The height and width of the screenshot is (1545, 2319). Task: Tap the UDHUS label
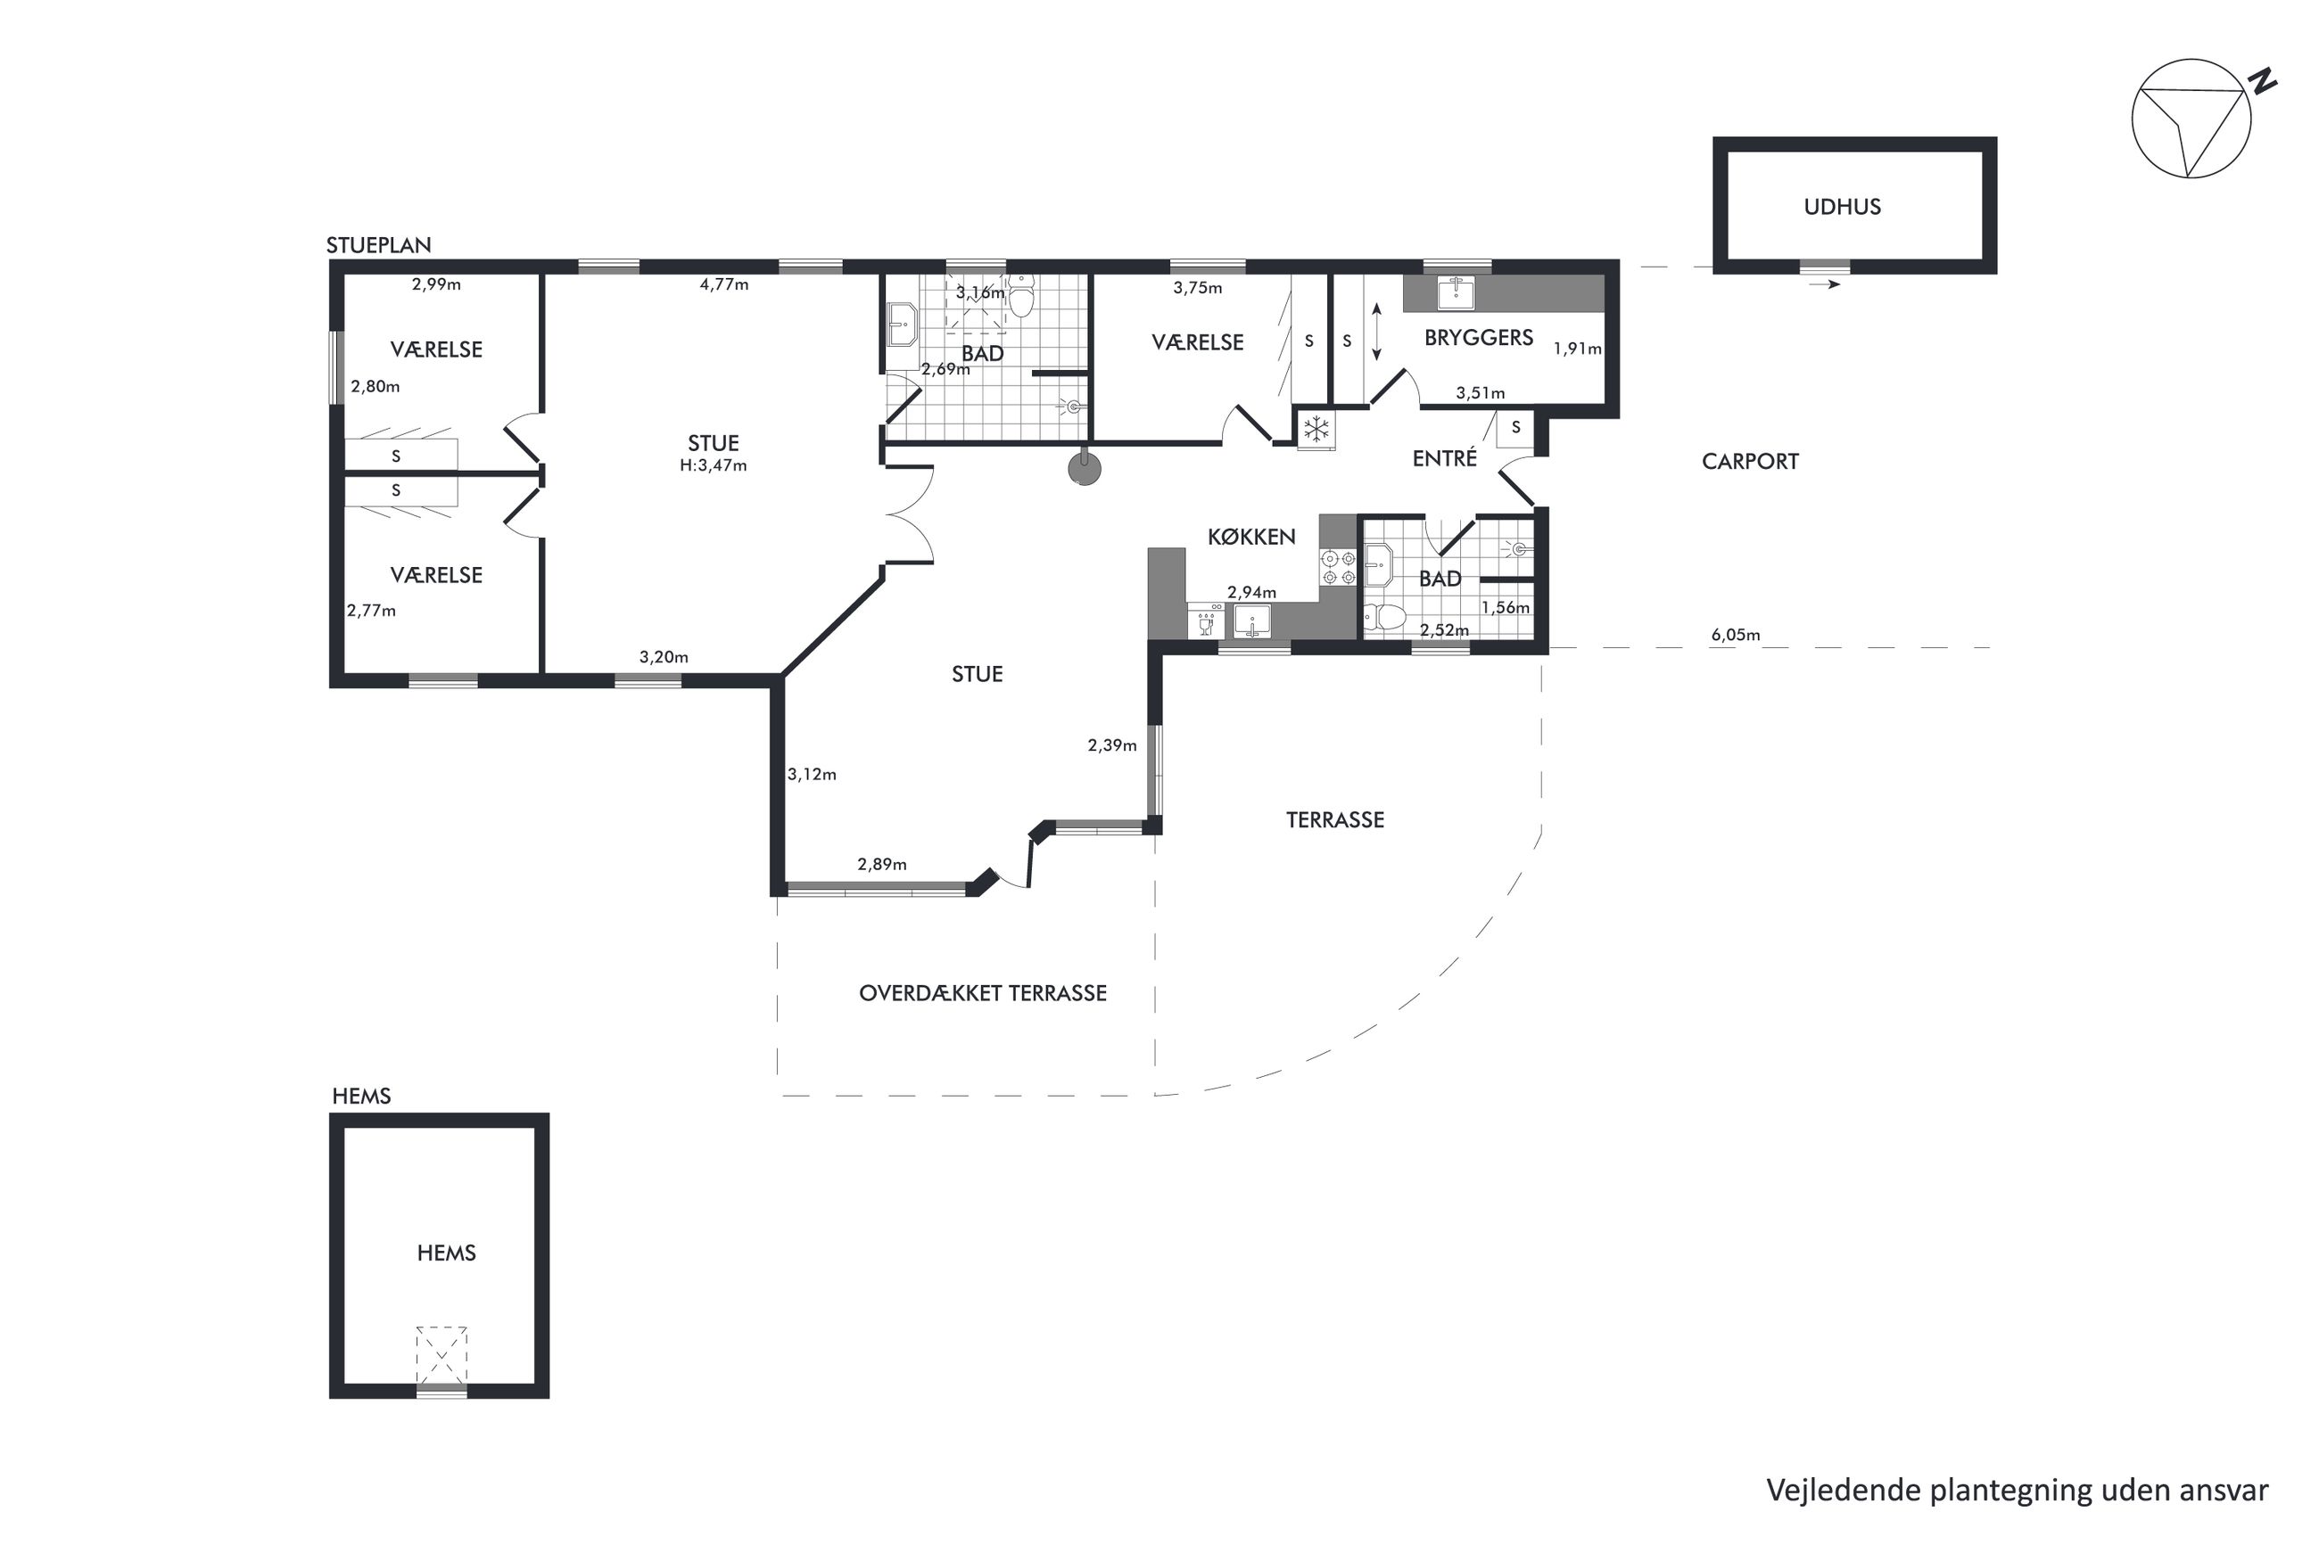click(1842, 207)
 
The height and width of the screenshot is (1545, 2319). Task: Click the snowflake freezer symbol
click(1316, 430)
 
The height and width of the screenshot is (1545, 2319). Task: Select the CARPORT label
click(1749, 461)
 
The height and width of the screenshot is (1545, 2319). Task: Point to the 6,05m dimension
click(1735, 636)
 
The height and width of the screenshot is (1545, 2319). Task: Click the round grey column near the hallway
click(1084, 469)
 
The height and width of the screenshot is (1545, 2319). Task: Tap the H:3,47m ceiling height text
click(713, 465)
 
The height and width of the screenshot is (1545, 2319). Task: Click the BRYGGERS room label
click(1478, 338)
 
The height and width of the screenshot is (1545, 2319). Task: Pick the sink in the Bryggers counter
click(1456, 293)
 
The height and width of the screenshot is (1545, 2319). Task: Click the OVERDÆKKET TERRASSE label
click(983, 993)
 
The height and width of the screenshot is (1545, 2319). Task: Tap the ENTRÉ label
click(1444, 458)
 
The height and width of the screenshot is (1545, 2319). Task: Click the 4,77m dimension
click(723, 284)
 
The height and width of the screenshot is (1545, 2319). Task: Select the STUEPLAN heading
click(378, 245)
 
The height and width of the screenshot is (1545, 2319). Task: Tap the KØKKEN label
click(1250, 537)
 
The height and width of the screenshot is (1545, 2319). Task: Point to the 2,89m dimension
click(881, 864)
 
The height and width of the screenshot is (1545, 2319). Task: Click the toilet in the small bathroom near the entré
click(1386, 618)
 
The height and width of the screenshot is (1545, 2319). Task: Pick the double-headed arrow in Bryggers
click(1377, 332)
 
